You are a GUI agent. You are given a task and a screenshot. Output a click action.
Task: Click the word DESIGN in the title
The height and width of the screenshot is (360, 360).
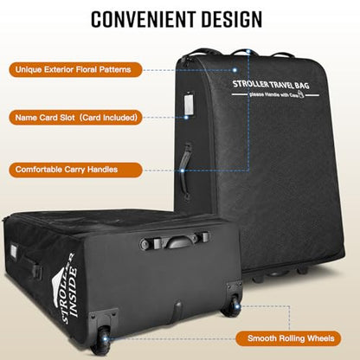pyautogui.click(x=232, y=19)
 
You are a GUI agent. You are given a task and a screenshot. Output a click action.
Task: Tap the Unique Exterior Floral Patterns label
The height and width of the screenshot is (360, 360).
pyautogui.click(x=75, y=69)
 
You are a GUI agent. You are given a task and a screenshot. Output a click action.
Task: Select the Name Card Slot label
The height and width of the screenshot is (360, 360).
pyautogui.click(x=75, y=118)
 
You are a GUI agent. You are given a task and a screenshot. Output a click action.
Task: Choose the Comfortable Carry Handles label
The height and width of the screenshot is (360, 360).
pyautogui.click(x=75, y=170)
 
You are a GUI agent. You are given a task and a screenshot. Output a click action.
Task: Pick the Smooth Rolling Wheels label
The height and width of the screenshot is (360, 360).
pyautogui.click(x=288, y=338)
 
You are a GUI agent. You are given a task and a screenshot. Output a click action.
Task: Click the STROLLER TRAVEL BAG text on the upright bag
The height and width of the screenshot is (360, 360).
pyautogui.click(x=271, y=85)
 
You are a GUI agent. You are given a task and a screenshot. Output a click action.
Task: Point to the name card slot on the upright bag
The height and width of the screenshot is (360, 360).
pyautogui.click(x=189, y=103)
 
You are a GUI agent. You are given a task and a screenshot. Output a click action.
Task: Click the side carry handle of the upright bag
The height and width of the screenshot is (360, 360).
pyautogui.click(x=185, y=170)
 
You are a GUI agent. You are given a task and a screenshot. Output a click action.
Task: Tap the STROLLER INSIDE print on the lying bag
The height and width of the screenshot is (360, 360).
pyautogui.click(x=67, y=288)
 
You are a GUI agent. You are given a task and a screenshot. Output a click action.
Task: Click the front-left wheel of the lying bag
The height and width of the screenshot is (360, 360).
pyautogui.click(x=101, y=339)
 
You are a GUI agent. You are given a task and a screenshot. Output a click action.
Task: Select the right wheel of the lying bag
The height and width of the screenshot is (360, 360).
pyautogui.click(x=232, y=305)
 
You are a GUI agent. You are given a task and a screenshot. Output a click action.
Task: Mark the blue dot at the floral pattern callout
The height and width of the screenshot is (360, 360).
pyautogui.click(x=235, y=70)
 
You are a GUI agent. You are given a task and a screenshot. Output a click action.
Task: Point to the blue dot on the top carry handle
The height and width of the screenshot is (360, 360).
pyautogui.click(x=248, y=52)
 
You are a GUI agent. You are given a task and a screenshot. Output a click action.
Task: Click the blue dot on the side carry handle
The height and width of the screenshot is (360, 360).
pyautogui.click(x=183, y=170)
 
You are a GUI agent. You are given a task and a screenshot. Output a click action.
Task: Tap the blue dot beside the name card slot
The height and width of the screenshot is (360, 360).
pyautogui.click(x=186, y=117)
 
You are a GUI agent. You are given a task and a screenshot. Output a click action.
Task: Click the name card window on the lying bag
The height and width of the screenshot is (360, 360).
pyautogui.click(x=14, y=249)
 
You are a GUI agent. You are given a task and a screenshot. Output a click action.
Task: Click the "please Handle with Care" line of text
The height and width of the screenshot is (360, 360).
pyautogui.click(x=276, y=94)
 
